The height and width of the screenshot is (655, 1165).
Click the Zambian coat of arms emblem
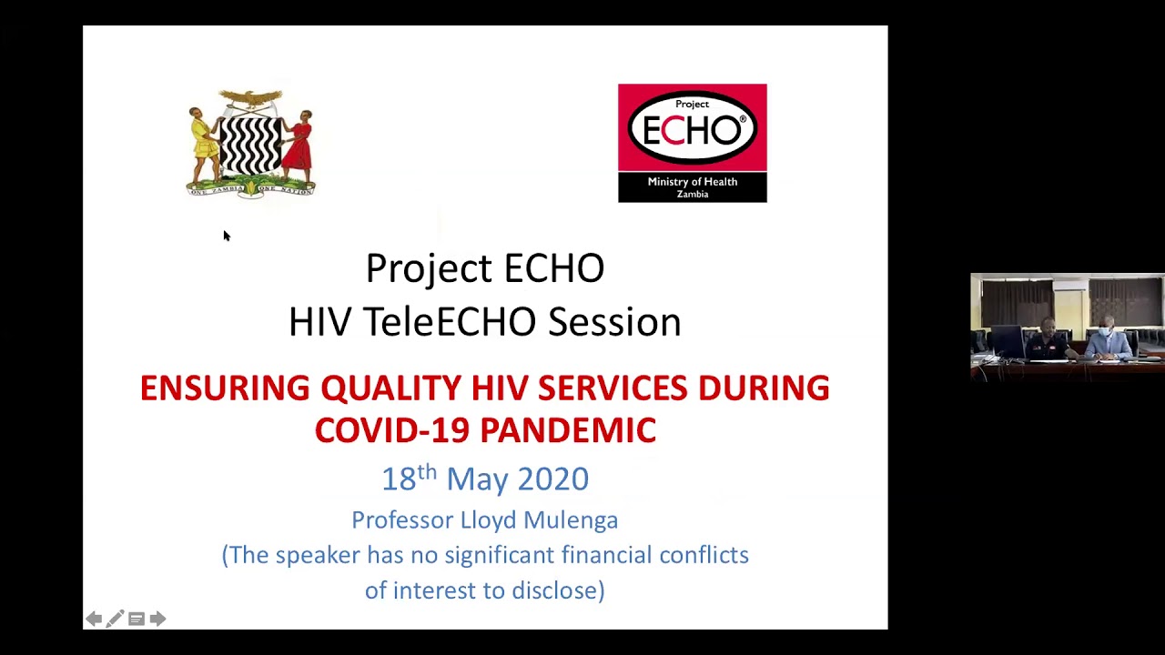pos(250,144)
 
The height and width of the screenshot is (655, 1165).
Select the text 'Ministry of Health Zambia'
pos(692,187)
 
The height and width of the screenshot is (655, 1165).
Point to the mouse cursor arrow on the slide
pos(226,236)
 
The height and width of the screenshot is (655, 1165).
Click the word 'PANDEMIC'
pos(568,430)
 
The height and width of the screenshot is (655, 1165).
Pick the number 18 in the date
pos(398,479)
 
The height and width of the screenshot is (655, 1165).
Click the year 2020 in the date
pos(553,479)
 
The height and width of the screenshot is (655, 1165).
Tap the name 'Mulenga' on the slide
pos(575,519)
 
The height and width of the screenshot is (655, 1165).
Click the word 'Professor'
pos(402,519)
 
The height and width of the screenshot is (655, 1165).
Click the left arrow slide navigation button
pos(94,619)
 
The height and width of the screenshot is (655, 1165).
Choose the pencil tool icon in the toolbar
pos(115,619)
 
